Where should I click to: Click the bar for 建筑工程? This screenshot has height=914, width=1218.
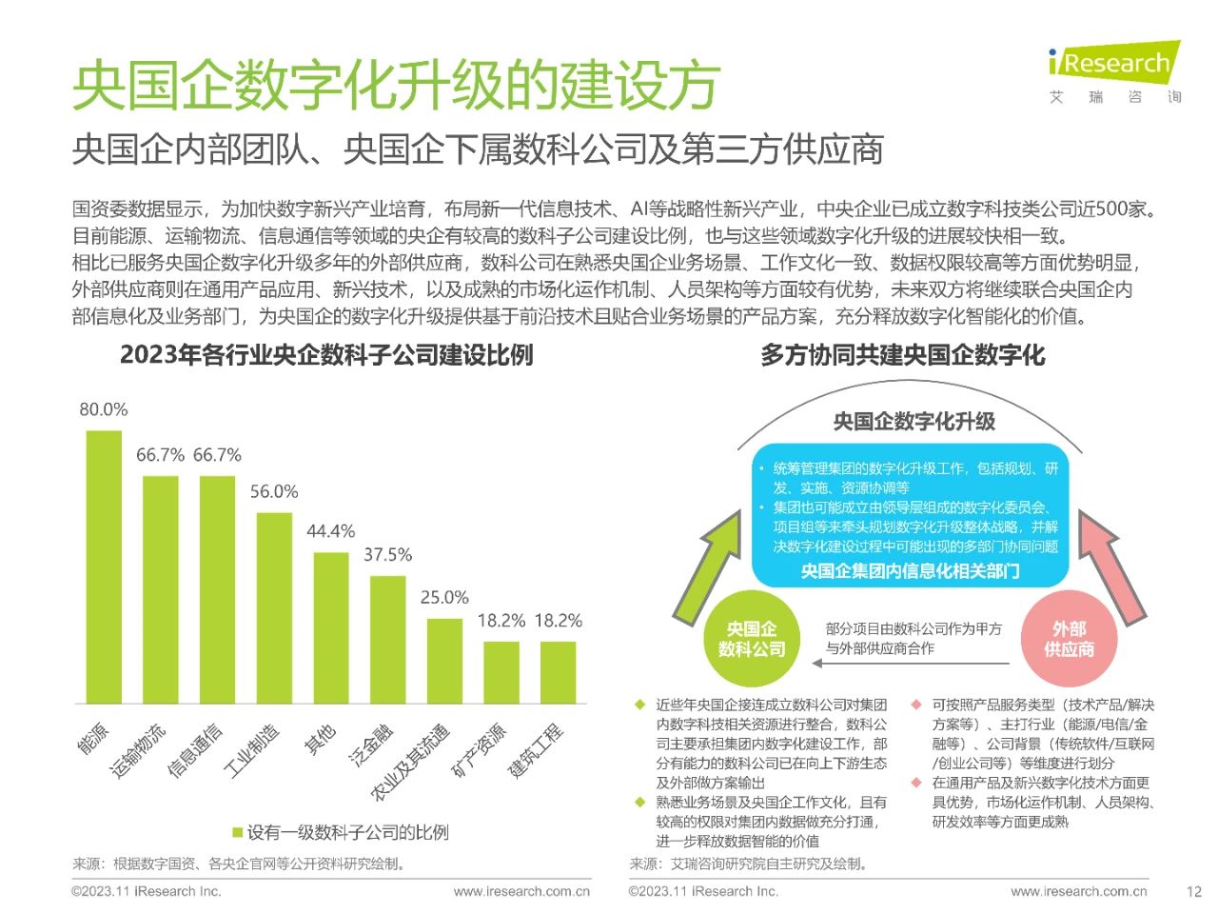pyautogui.click(x=558, y=672)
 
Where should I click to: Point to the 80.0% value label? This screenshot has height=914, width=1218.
pyautogui.click(x=104, y=409)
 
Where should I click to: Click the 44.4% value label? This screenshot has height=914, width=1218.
pyautogui.click(x=331, y=531)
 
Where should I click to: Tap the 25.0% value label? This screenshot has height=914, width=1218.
pyautogui.click(x=444, y=597)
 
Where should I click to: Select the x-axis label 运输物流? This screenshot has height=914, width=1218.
pyautogui.click(x=139, y=749)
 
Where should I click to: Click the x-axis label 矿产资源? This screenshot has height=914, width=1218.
pyautogui.click(x=480, y=750)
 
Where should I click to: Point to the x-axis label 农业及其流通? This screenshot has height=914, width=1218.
pyautogui.click(x=411, y=761)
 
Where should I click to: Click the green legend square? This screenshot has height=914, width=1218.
pyautogui.click(x=237, y=833)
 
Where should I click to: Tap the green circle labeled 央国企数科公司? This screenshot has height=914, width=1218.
pyautogui.click(x=752, y=639)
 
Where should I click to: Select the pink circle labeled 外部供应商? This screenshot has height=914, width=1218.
pyautogui.click(x=1069, y=639)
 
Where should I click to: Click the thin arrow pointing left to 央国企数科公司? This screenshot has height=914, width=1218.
pyautogui.click(x=913, y=664)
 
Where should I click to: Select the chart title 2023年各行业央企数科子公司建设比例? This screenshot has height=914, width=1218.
pyautogui.click(x=326, y=355)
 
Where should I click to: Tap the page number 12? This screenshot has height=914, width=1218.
pyautogui.click(x=1194, y=892)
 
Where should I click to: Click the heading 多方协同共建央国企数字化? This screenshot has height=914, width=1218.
pyautogui.click(x=902, y=356)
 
